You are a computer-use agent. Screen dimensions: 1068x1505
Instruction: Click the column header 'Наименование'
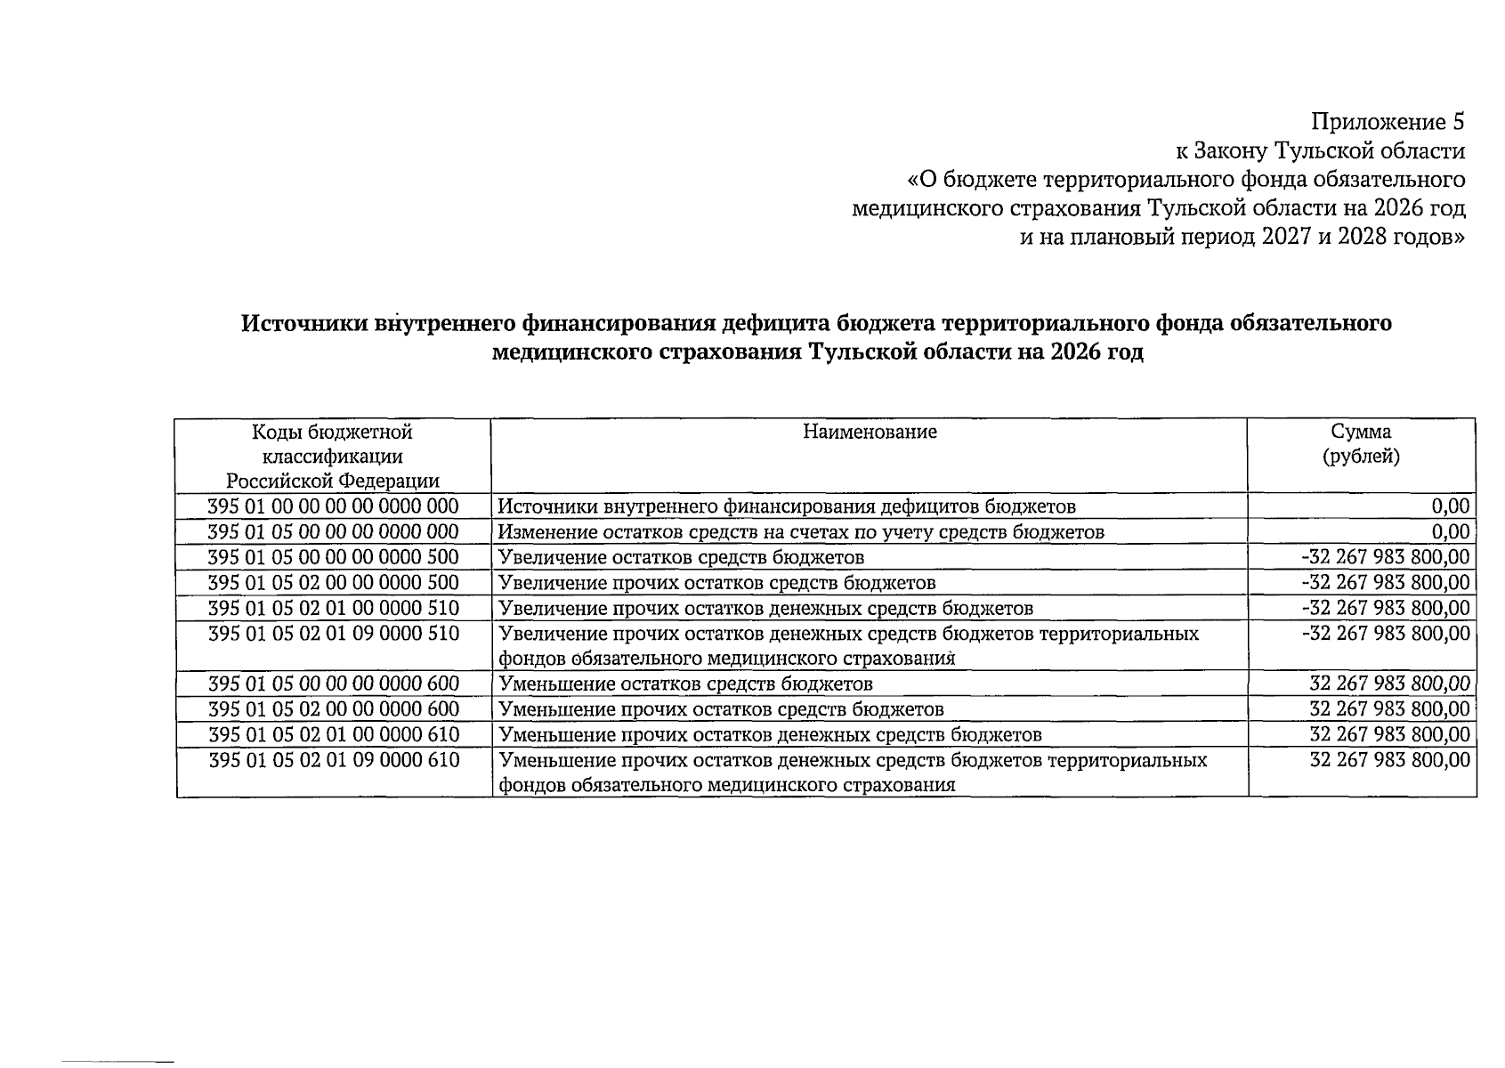pos(870,433)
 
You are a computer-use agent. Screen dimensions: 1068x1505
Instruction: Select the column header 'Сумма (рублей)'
pos(1361,444)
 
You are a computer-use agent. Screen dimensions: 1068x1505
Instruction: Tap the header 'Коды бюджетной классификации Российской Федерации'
pos(333,457)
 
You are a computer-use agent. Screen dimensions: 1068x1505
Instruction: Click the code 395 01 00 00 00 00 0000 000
pos(333,506)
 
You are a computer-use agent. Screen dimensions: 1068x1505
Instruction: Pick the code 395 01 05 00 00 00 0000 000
pos(333,532)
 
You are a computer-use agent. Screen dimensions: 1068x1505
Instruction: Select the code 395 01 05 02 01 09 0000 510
pos(333,634)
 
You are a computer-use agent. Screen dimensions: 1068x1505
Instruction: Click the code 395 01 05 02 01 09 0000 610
pos(333,761)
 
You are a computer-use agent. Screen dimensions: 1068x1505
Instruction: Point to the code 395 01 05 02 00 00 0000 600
pos(333,709)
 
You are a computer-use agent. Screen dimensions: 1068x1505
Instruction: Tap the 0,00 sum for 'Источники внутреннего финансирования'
pos(1450,506)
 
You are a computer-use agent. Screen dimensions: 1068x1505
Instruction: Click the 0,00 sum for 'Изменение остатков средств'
pos(1450,532)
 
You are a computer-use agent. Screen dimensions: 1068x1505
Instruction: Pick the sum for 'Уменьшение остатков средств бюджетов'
pos(1389,684)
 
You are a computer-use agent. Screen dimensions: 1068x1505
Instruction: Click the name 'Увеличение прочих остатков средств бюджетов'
pos(716,583)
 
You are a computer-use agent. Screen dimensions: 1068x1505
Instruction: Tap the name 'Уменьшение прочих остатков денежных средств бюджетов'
pos(770,735)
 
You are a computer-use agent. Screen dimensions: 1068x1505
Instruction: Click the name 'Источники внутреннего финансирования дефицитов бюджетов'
pos(787,507)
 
